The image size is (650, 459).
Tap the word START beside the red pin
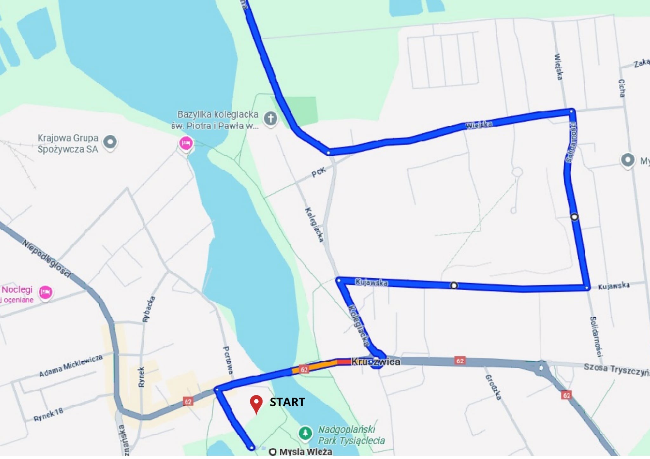(x=287, y=402)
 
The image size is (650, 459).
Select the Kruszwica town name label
(x=376, y=362)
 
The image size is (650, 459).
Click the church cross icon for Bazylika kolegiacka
(x=270, y=119)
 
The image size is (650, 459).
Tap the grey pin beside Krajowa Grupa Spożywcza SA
(x=110, y=142)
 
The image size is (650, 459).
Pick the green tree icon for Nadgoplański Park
(x=305, y=433)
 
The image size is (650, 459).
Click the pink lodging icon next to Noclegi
(x=45, y=292)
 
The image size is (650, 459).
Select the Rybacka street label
(x=149, y=309)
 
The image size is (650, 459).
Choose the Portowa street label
(x=228, y=360)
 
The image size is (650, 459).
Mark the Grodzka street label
(x=493, y=387)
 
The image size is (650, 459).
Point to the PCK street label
(x=319, y=172)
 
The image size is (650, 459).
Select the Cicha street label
(x=622, y=88)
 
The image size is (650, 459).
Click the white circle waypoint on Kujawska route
(x=454, y=286)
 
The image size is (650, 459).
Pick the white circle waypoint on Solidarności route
(x=574, y=217)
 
